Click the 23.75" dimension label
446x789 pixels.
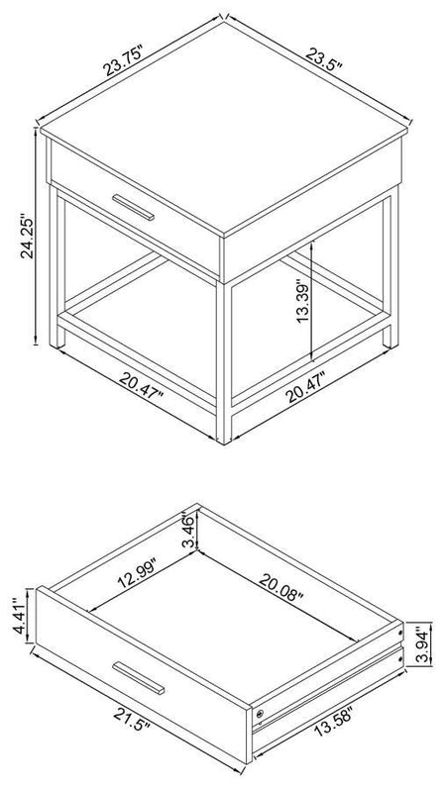125,59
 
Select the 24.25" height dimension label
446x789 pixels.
27,238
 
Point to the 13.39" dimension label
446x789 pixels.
303,301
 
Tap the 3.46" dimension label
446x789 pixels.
188,531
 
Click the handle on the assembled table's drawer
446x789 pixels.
133,207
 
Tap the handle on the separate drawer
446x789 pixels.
138,678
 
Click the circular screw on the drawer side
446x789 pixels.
260,713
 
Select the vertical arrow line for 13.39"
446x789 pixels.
313,300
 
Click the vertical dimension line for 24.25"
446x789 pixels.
37,237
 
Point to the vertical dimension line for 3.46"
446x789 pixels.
199,529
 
